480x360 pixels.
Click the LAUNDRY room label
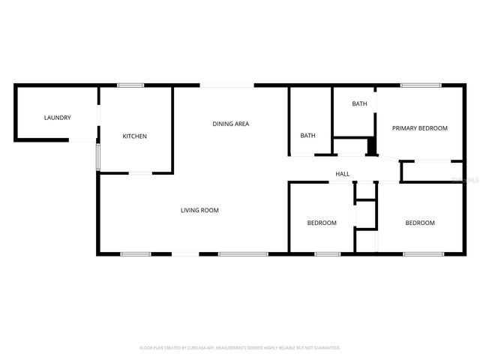(57, 118)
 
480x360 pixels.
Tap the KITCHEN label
(135, 136)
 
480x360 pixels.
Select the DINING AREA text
(230, 124)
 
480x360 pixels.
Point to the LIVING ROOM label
(199, 211)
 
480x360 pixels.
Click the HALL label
(342, 174)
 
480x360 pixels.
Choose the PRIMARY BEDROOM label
(419, 128)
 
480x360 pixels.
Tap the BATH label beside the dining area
(307, 136)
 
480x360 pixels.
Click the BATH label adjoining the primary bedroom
(360, 104)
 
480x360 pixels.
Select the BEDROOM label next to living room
(322, 223)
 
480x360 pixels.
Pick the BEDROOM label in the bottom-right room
(420, 223)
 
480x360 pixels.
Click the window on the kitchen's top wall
(130, 85)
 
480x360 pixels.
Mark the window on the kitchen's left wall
(97, 157)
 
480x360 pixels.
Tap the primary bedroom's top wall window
(415, 85)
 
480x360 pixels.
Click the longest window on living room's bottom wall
(243, 254)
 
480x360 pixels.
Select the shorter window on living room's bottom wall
(136, 254)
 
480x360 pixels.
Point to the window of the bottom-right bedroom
(421, 254)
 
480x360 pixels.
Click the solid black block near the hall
(370, 147)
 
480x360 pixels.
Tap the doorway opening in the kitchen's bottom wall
(140, 173)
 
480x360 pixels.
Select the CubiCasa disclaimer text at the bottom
(240, 348)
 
